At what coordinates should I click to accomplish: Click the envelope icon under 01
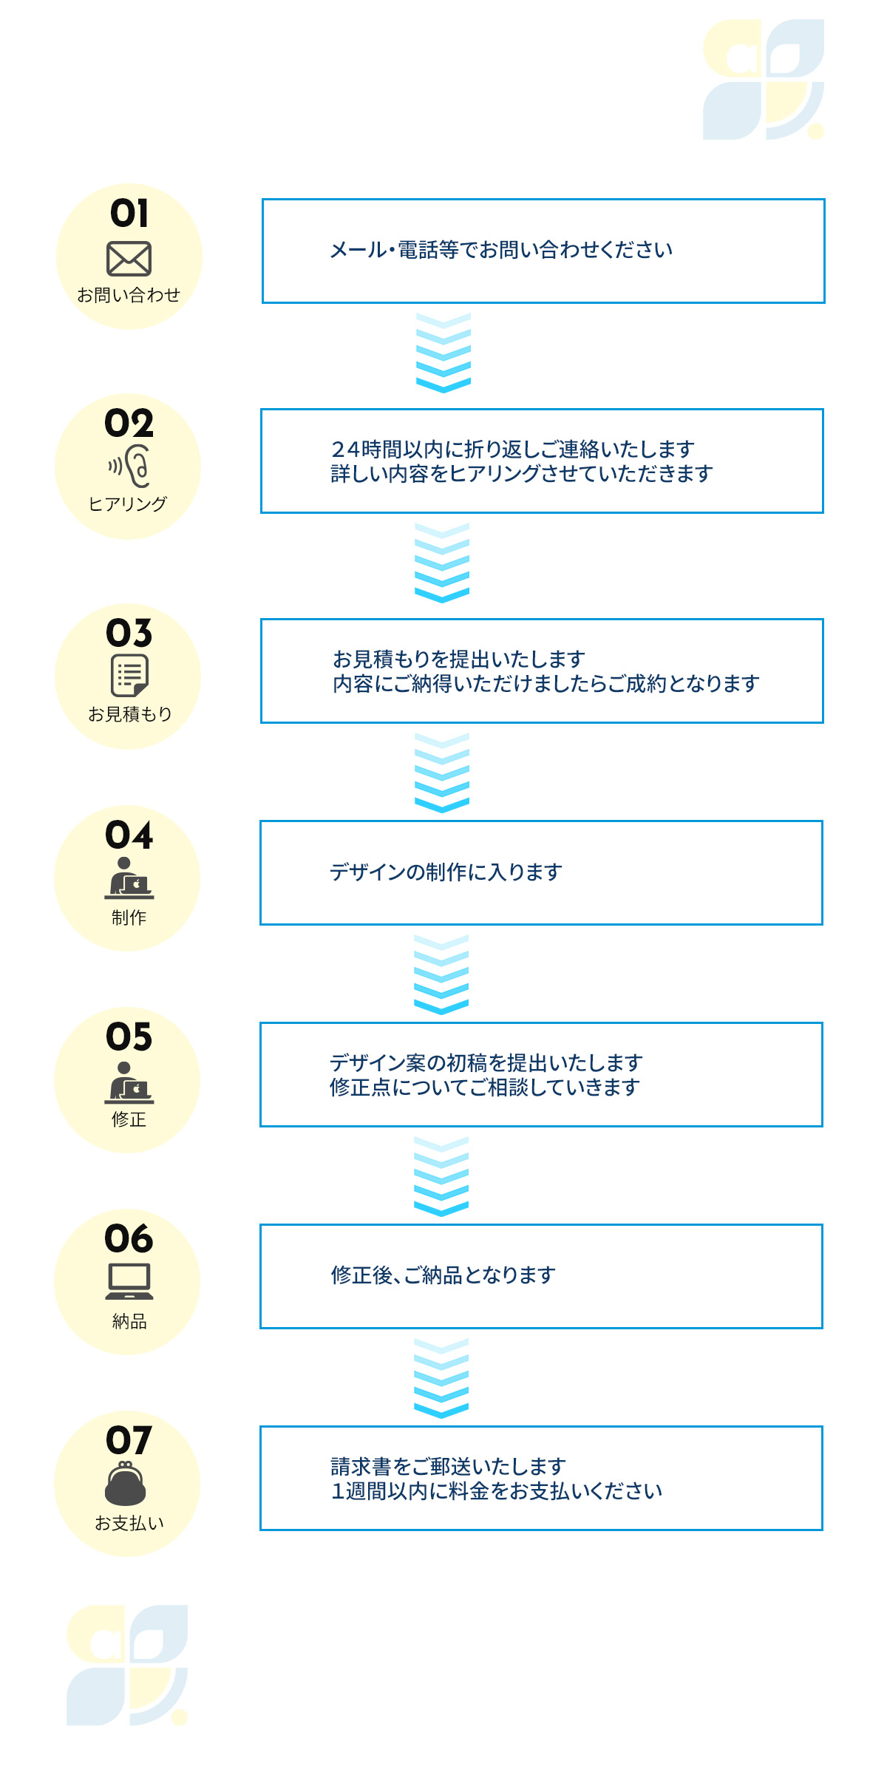[x=129, y=259]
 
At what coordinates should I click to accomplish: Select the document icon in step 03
[x=129, y=675]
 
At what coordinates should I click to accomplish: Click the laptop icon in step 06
[x=129, y=1280]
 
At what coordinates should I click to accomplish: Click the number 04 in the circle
[x=129, y=835]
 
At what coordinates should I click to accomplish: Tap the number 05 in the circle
[x=129, y=1037]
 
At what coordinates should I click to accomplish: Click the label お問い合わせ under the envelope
[x=129, y=295]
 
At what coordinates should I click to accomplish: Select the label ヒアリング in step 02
[x=128, y=504]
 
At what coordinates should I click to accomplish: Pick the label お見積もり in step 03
[x=129, y=714]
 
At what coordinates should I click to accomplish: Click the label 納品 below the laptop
[x=129, y=1321]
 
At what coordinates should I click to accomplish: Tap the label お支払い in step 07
[x=129, y=1523]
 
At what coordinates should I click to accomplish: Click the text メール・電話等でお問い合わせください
[x=500, y=250]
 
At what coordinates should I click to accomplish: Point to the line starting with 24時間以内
[x=512, y=449]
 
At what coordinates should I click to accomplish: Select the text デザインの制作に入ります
[x=446, y=872]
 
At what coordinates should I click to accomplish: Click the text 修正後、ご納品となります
[x=443, y=1275]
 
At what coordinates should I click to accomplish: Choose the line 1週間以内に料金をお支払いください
[x=496, y=1491]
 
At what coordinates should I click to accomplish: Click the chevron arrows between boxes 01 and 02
[x=443, y=353]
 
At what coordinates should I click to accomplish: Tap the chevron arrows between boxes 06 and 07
[x=441, y=1378]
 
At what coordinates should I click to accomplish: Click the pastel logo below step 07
[x=126, y=1664]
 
